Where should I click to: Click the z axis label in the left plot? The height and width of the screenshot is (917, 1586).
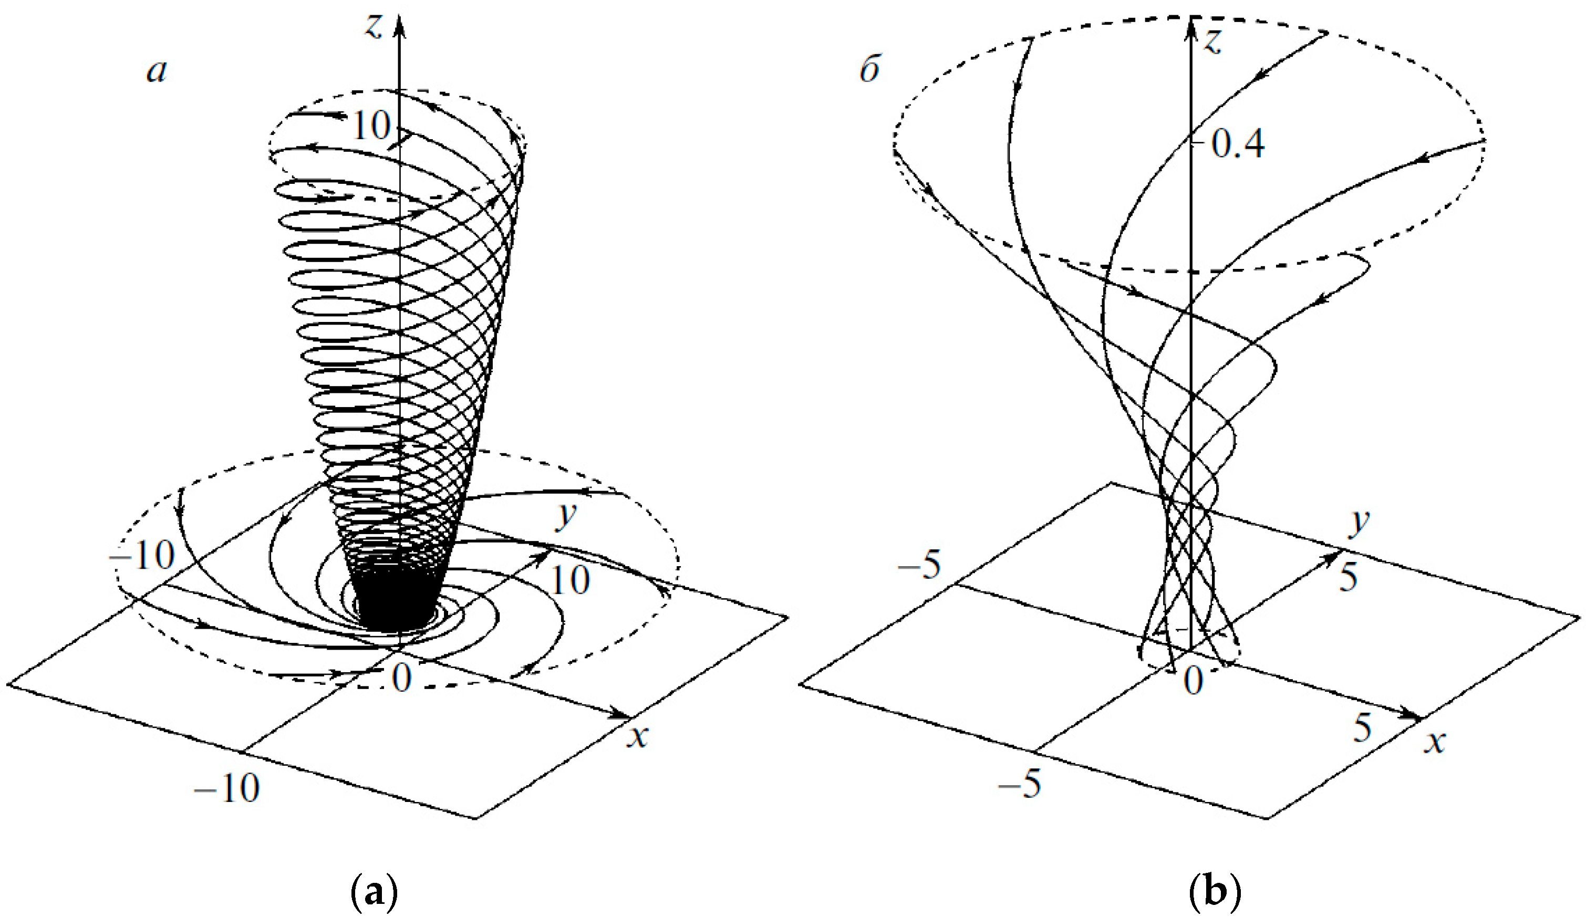click(x=375, y=26)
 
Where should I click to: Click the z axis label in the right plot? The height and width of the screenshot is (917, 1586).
click(x=1213, y=41)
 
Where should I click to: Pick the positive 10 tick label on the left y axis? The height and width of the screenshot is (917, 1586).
click(x=570, y=580)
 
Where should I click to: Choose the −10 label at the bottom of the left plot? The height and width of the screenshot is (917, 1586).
click(x=226, y=788)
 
